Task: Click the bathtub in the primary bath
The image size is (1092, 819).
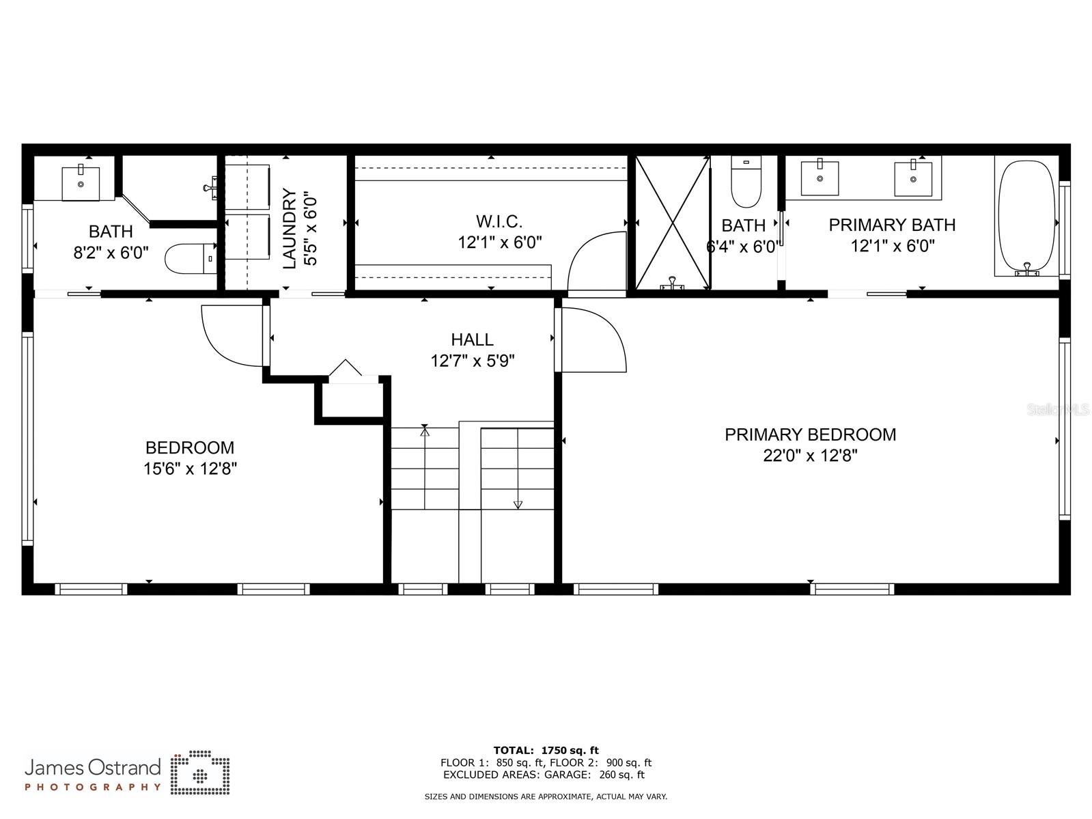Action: tap(1026, 217)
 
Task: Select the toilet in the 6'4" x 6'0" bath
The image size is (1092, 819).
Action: tap(746, 182)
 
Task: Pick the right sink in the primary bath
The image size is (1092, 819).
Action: tap(913, 178)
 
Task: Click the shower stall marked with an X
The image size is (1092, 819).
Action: tap(673, 223)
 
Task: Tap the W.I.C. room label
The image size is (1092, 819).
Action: tap(499, 221)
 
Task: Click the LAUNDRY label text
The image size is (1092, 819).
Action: tap(290, 230)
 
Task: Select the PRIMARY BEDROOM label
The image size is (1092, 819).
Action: tap(810, 434)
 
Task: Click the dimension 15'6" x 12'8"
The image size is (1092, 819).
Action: tap(190, 469)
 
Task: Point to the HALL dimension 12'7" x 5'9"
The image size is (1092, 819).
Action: tap(472, 360)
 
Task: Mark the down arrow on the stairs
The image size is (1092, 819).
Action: tap(518, 504)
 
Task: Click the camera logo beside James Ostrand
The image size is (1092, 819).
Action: tap(199, 773)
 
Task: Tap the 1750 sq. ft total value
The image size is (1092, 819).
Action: tap(570, 750)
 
